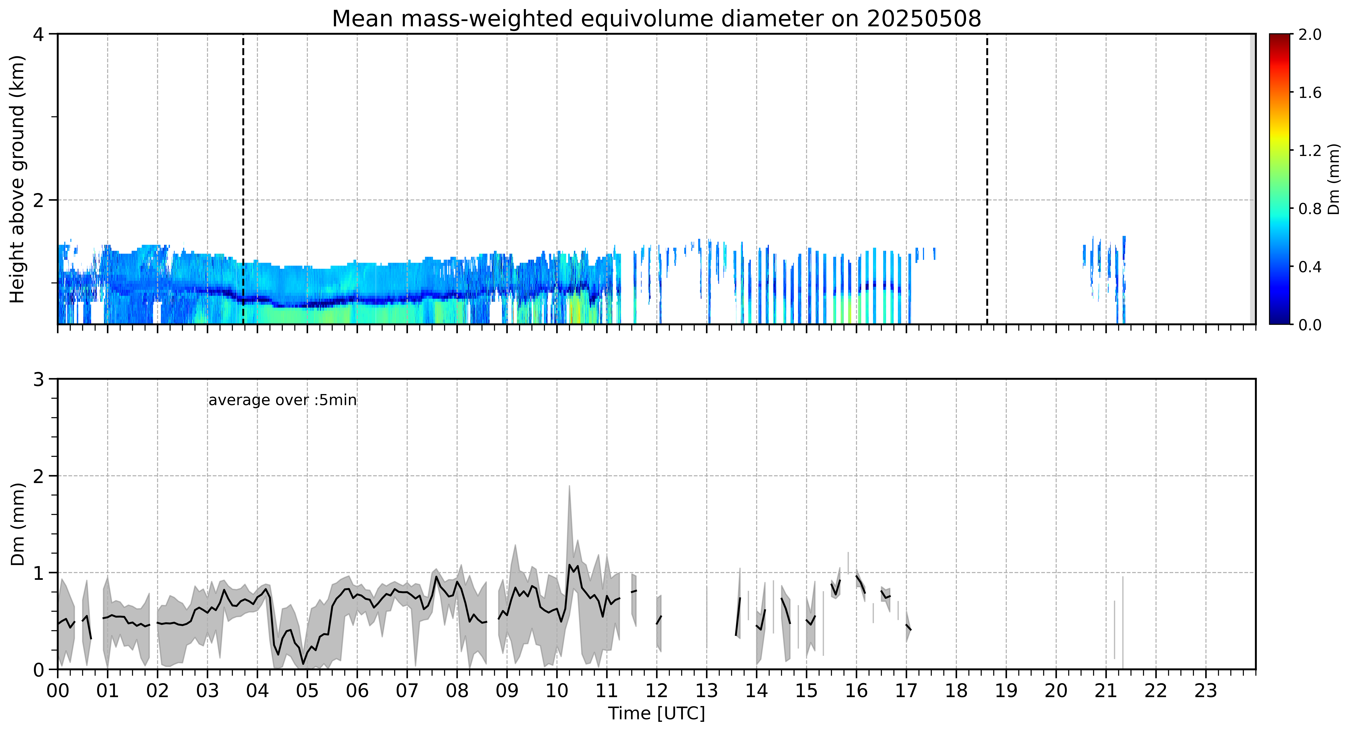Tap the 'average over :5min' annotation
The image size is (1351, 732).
coord(282,400)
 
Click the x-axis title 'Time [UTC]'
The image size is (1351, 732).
coord(657,714)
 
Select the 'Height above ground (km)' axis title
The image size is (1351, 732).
coord(17,179)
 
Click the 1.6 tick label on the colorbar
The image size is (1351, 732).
coord(1310,93)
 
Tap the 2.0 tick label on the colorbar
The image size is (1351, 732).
coord(1310,35)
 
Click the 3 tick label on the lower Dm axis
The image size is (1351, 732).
coord(38,379)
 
